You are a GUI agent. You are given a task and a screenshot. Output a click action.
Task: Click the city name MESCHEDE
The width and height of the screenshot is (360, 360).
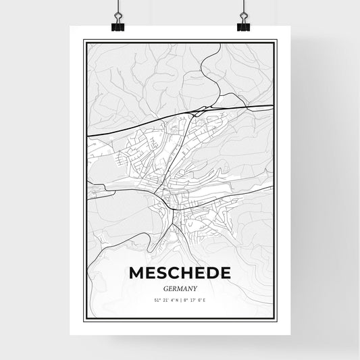click(x=179, y=273)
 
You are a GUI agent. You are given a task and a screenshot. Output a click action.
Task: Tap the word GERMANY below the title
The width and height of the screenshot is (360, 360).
click(x=179, y=288)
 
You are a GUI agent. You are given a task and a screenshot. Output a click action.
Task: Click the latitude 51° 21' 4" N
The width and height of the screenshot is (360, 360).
click(x=163, y=300)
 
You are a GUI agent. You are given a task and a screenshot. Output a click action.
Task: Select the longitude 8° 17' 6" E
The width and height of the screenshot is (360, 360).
click(x=195, y=300)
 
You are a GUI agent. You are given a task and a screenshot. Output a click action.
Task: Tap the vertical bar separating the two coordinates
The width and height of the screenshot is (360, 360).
click(x=179, y=300)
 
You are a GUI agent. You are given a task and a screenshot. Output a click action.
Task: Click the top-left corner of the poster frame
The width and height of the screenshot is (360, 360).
click(x=84, y=41)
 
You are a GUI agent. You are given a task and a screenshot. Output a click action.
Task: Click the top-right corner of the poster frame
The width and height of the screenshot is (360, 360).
click(x=276, y=41)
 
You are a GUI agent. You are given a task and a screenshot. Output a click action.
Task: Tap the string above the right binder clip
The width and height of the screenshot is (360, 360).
click(x=243, y=8)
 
